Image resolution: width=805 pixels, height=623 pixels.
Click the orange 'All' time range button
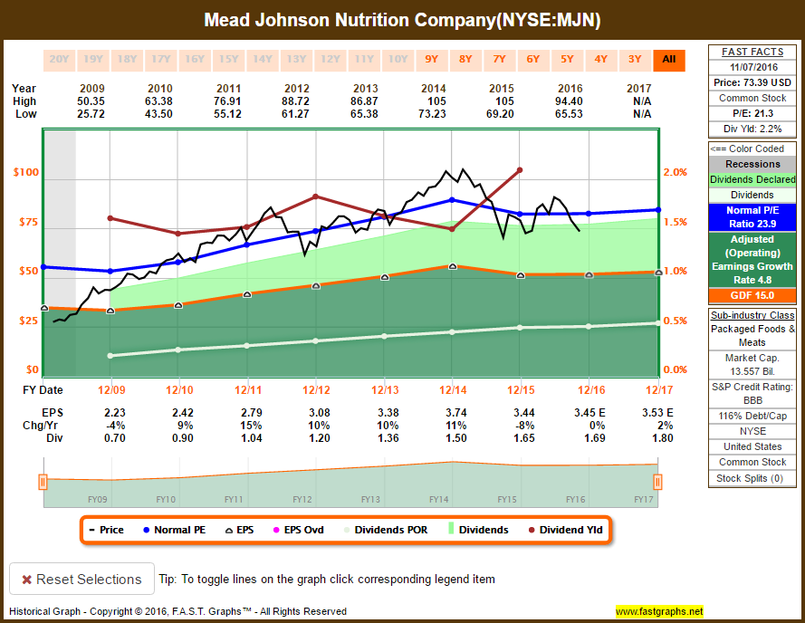(669, 60)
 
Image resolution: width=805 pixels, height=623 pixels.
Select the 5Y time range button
(567, 60)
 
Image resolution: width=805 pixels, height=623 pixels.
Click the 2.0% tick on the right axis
(676, 172)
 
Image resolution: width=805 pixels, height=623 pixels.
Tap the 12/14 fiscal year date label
(452, 389)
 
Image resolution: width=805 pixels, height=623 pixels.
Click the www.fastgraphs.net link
(659, 611)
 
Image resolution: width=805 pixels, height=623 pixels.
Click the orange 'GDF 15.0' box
(752, 295)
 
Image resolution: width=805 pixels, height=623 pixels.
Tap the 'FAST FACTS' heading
(752, 52)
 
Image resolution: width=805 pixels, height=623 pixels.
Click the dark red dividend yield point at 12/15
(520, 169)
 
